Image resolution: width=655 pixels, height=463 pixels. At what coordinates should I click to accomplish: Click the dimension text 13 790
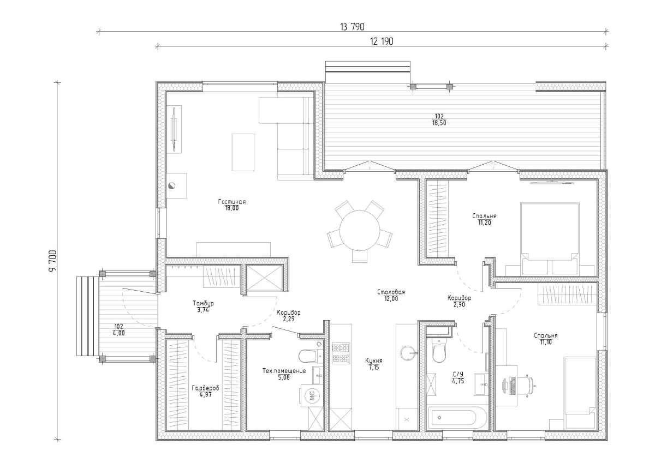tap(352, 27)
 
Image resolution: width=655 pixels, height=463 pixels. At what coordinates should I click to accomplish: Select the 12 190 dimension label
tap(382, 41)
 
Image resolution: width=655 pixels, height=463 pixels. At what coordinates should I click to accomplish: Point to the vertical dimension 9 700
tap(52, 261)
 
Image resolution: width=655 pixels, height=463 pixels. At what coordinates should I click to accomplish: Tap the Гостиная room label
tap(232, 202)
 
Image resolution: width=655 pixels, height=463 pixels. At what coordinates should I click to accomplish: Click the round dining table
tap(360, 231)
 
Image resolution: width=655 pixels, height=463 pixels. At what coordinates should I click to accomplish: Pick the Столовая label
tap(391, 292)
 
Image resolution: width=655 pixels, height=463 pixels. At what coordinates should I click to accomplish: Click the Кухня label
tap(374, 361)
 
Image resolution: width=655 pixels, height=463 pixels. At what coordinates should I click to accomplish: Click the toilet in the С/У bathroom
tap(439, 351)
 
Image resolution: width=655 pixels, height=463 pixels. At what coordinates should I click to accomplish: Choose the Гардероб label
tap(205, 388)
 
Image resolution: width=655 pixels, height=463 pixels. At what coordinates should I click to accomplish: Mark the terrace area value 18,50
tap(439, 123)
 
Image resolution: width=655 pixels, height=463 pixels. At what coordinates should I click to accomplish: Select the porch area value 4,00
tap(119, 333)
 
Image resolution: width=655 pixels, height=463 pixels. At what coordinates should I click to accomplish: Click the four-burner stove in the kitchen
tap(341, 353)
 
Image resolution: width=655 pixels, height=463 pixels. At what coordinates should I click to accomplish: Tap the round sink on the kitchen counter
tap(407, 353)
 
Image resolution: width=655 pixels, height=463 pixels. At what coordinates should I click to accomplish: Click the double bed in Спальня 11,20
tap(550, 239)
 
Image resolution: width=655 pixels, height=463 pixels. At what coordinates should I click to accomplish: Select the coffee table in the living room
tap(243, 152)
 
